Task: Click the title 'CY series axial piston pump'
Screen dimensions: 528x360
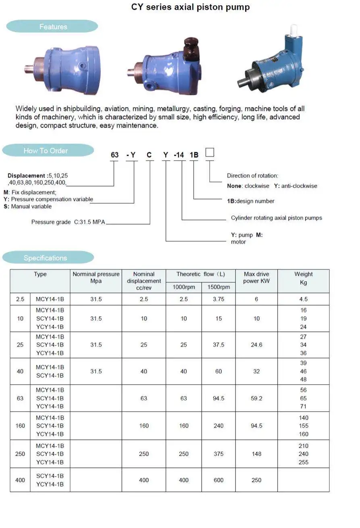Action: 190,7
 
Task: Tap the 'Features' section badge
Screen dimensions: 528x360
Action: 52,27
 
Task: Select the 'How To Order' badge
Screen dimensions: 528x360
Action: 46,150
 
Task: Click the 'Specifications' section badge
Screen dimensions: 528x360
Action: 45,258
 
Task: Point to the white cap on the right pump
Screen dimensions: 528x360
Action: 293,29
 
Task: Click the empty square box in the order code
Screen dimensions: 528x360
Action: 210,152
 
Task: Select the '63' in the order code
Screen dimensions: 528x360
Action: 115,155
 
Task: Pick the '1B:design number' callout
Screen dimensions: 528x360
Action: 251,201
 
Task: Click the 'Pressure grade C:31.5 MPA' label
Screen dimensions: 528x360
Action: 68,222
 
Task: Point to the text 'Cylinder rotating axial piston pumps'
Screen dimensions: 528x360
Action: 276,218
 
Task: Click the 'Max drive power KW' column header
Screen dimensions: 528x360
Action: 256,278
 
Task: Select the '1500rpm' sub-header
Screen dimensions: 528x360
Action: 218,287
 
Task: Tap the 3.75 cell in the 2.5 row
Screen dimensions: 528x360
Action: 218,299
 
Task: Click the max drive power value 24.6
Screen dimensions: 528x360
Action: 256,345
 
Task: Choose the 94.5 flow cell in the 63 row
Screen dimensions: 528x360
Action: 218,398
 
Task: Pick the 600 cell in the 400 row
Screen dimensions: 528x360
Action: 218,480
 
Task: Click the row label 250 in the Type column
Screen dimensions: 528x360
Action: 20,454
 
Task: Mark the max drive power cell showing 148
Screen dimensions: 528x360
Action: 256,454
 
